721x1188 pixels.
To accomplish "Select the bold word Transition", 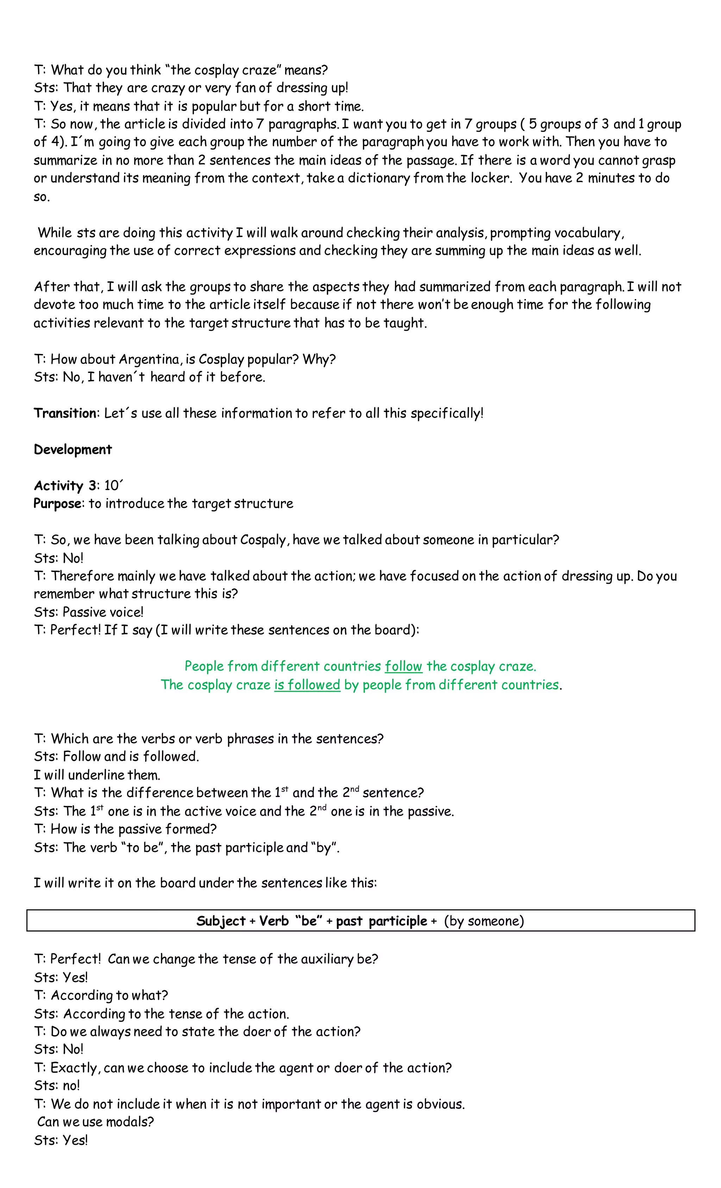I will [x=65, y=413].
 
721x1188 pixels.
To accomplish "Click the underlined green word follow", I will [x=403, y=666].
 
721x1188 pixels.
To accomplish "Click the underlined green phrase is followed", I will [x=307, y=685].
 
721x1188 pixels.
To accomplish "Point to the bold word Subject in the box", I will [x=221, y=921].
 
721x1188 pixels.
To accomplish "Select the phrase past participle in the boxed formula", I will [x=381, y=921].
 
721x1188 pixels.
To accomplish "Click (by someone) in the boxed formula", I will [x=483, y=921].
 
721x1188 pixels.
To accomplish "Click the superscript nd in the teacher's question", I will [x=355, y=789].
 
